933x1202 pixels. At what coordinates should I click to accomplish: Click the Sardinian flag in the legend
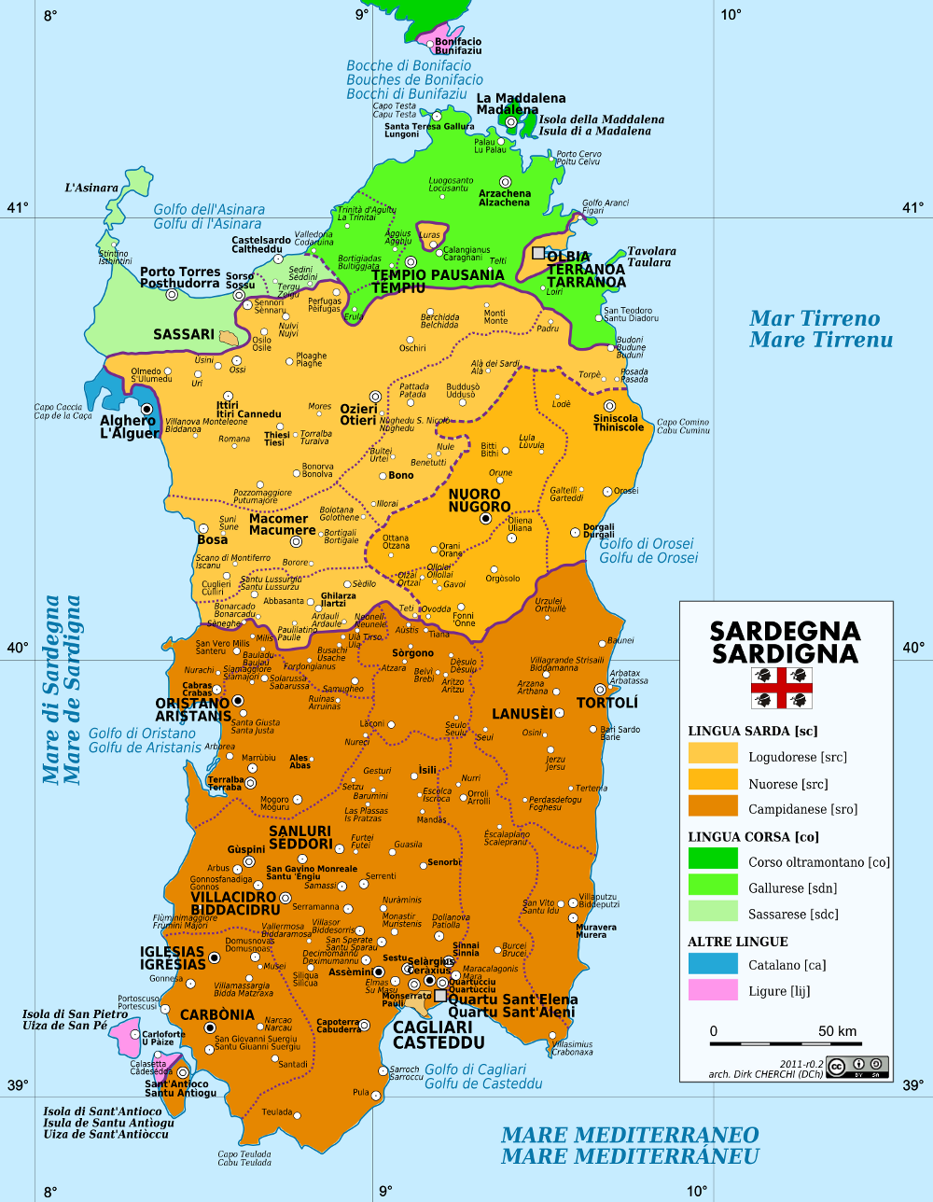782,688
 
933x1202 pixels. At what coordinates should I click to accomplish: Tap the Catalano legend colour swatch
713,964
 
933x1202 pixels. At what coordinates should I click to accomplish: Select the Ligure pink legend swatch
713,990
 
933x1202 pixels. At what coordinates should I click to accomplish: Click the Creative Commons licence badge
856,1066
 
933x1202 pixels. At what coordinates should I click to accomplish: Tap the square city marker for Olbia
538,253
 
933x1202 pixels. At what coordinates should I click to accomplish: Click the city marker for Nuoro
484,519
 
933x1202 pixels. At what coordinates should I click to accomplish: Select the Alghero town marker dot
146,409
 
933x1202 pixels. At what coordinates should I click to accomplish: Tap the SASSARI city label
184,334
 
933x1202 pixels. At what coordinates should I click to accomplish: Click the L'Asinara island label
91,188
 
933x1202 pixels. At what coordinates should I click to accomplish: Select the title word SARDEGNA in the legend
785,632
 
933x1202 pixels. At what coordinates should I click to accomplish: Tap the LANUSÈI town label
522,714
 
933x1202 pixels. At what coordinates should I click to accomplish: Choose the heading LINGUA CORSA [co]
753,836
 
